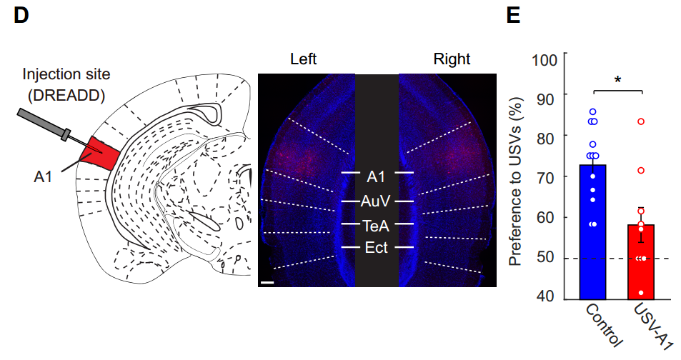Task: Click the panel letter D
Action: (21, 15)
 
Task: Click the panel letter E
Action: (513, 16)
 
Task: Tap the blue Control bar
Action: (593, 232)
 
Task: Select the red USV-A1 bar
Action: (641, 262)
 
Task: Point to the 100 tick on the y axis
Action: (545, 60)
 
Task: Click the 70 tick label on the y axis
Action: (545, 178)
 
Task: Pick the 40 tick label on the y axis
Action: (545, 296)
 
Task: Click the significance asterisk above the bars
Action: (617, 80)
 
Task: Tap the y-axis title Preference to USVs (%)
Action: (515, 181)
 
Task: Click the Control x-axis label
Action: (604, 326)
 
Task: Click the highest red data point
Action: (641, 121)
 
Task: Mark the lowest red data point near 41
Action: (641, 293)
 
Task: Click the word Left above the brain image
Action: (303, 59)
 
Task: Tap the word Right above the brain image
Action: (452, 59)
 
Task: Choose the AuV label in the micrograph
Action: (376, 201)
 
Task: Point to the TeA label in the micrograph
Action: (376, 226)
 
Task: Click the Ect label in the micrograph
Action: (376, 248)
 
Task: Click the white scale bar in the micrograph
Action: (267, 283)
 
